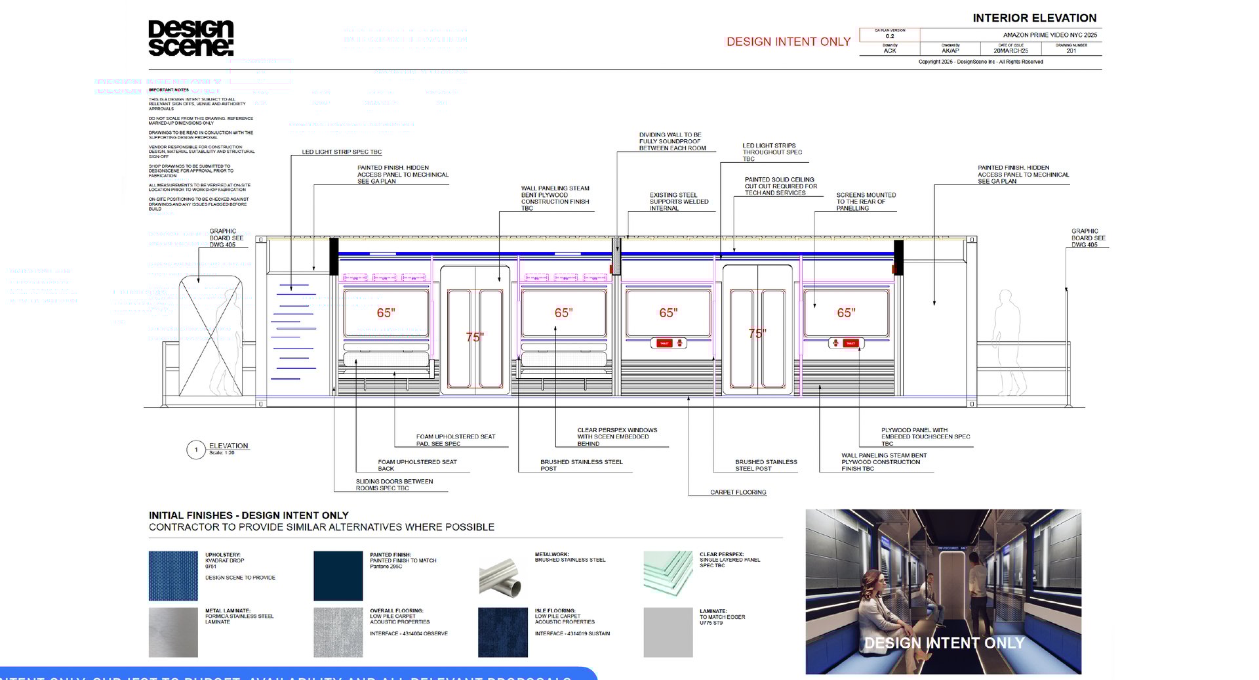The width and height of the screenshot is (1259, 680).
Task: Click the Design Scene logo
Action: [x=191, y=38]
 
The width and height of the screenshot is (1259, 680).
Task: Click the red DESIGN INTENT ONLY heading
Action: [x=788, y=41]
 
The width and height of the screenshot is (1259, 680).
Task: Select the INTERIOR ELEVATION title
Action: [x=1034, y=18]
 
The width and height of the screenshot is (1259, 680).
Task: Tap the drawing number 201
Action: [x=1071, y=51]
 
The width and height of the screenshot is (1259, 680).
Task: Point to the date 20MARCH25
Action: [x=1010, y=51]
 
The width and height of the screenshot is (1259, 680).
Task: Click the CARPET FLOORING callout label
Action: [x=738, y=492]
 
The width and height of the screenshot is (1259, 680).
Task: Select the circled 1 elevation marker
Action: [x=195, y=450]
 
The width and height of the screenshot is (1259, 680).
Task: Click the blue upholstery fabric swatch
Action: [x=173, y=576]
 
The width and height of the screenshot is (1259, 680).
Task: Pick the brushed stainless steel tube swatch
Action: [x=503, y=576]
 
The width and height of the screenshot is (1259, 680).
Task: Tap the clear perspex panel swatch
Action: [x=668, y=573]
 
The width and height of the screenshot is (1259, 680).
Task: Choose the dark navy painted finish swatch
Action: [x=338, y=576]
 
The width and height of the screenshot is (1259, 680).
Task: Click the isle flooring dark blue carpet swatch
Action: [x=503, y=632]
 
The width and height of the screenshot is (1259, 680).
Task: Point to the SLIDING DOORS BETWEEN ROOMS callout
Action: [x=394, y=484]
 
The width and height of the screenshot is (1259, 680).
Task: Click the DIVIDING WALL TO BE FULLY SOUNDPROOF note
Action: [x=672, y=141]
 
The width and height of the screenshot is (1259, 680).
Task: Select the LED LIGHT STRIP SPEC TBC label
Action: [x=342, y=152]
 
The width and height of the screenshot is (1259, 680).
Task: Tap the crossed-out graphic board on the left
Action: [x=210, y=336]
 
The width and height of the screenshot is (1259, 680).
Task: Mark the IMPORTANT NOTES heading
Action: [x=169, y=90]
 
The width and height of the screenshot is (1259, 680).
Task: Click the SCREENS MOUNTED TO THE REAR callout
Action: [x=866, y=202]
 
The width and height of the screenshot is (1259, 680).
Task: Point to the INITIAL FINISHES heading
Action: [x=249, y=515]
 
